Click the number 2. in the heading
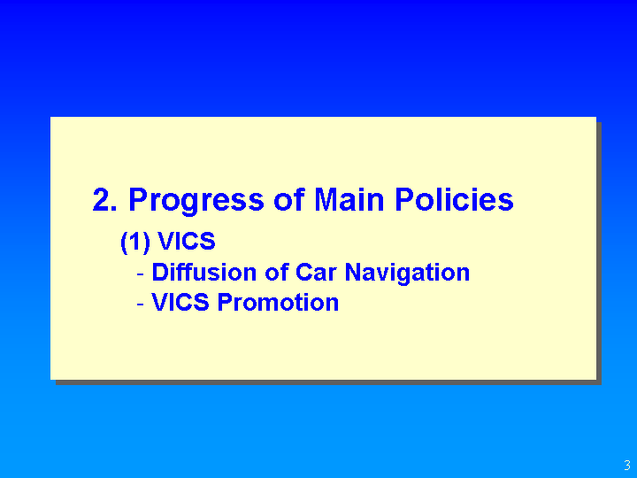(104, 199)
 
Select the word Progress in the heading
(196, 202)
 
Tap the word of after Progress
(288, 199)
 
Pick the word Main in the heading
(349, 199)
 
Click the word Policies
(454, 199)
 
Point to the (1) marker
(135, 243)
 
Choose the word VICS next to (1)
(187, 241)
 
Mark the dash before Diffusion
(141, 274)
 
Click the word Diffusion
(204, 272)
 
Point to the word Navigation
(407, 274)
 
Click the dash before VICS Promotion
(141, 304)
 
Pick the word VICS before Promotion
(180, 303)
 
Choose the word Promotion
(278, 303)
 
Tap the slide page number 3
(627, 465)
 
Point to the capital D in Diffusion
(160, 273)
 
